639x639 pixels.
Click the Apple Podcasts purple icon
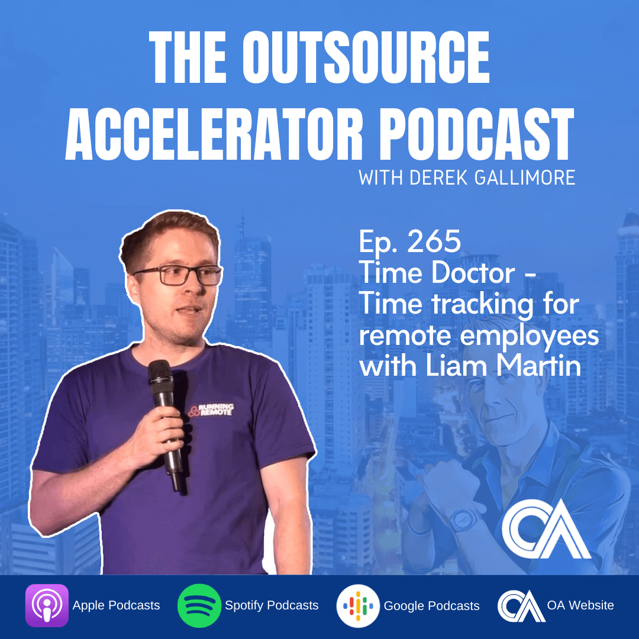pyautogui.click(x=47, y=605)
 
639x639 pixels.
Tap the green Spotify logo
pyautogui.click(x=199, y=606)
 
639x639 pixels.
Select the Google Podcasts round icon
pyautogui.click(x=358, y=606)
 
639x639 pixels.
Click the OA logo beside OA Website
pyautogui.click(x=521, y=606)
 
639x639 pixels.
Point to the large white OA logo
pyautogui.click(x=546, y=529)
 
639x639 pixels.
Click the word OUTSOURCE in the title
pyautogui.click(x=366, y=57)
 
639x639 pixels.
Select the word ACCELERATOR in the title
pyautogui.click(x=214, y=134)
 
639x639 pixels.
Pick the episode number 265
pyautogui.click(x=434, y=241)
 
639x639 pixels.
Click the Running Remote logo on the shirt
pyautogui.click(x=211, y=409)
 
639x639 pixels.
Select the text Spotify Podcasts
pyautogui.click(x=272, y=606)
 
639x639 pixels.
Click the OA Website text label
pyautogui.click(x=580, y=605)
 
